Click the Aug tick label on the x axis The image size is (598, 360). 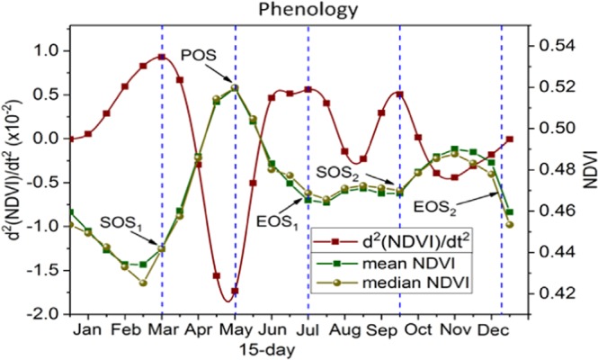pyautogui.click(x=345, y=329)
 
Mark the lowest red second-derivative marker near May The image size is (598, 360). pyautogui.click(x=235, y=291)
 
